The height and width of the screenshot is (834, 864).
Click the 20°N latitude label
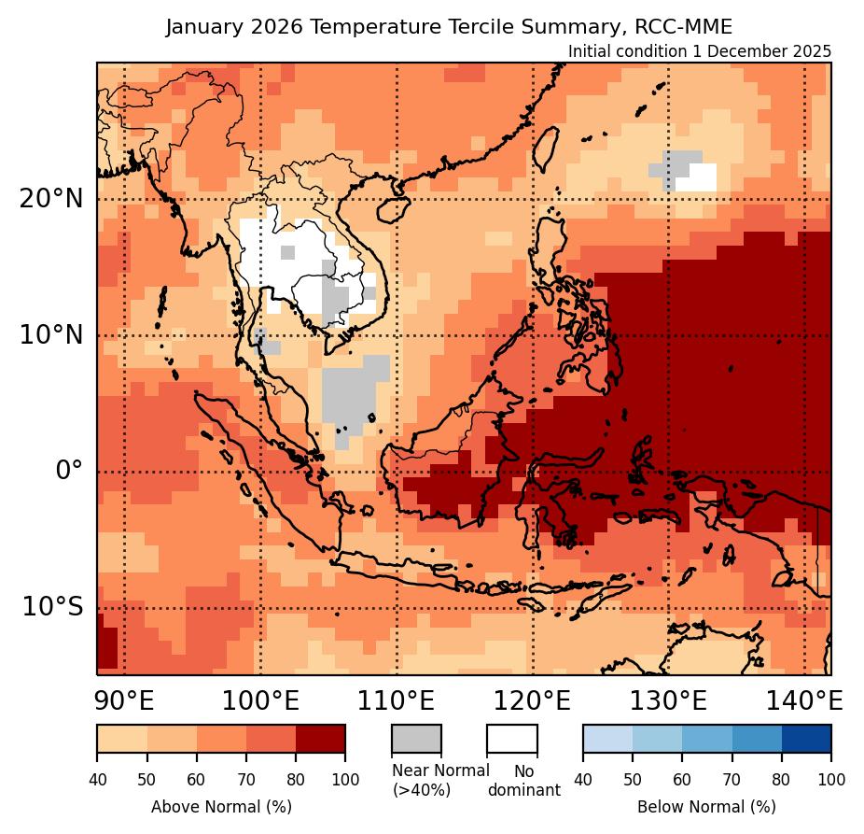tap(51, 199)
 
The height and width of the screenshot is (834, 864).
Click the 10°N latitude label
tap(51, 335)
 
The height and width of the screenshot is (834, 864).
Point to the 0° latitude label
tap(69, 471)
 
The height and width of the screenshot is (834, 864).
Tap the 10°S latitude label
tap(52, 607)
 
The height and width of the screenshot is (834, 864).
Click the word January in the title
tap(200, 27)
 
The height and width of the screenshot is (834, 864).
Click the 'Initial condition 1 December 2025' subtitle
tap(699, 51)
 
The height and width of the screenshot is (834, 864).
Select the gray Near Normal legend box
tap(416, 738)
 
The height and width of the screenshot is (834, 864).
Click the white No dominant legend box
tap(511, 738)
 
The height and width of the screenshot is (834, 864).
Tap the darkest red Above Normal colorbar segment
tap(320, 738)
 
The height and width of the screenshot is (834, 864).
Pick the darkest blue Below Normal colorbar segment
tap(806, 738)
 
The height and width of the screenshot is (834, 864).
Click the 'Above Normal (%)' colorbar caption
tap(221, 806)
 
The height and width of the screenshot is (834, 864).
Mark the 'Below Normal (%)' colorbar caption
tap(706, 806)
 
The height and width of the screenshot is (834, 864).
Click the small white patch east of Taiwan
tap(697, 177)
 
